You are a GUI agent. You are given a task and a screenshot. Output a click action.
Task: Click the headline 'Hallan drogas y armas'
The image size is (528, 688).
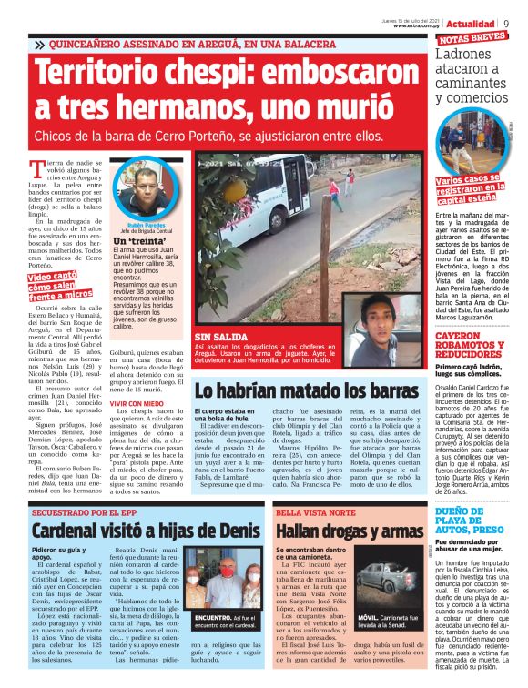tap(348, 531)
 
